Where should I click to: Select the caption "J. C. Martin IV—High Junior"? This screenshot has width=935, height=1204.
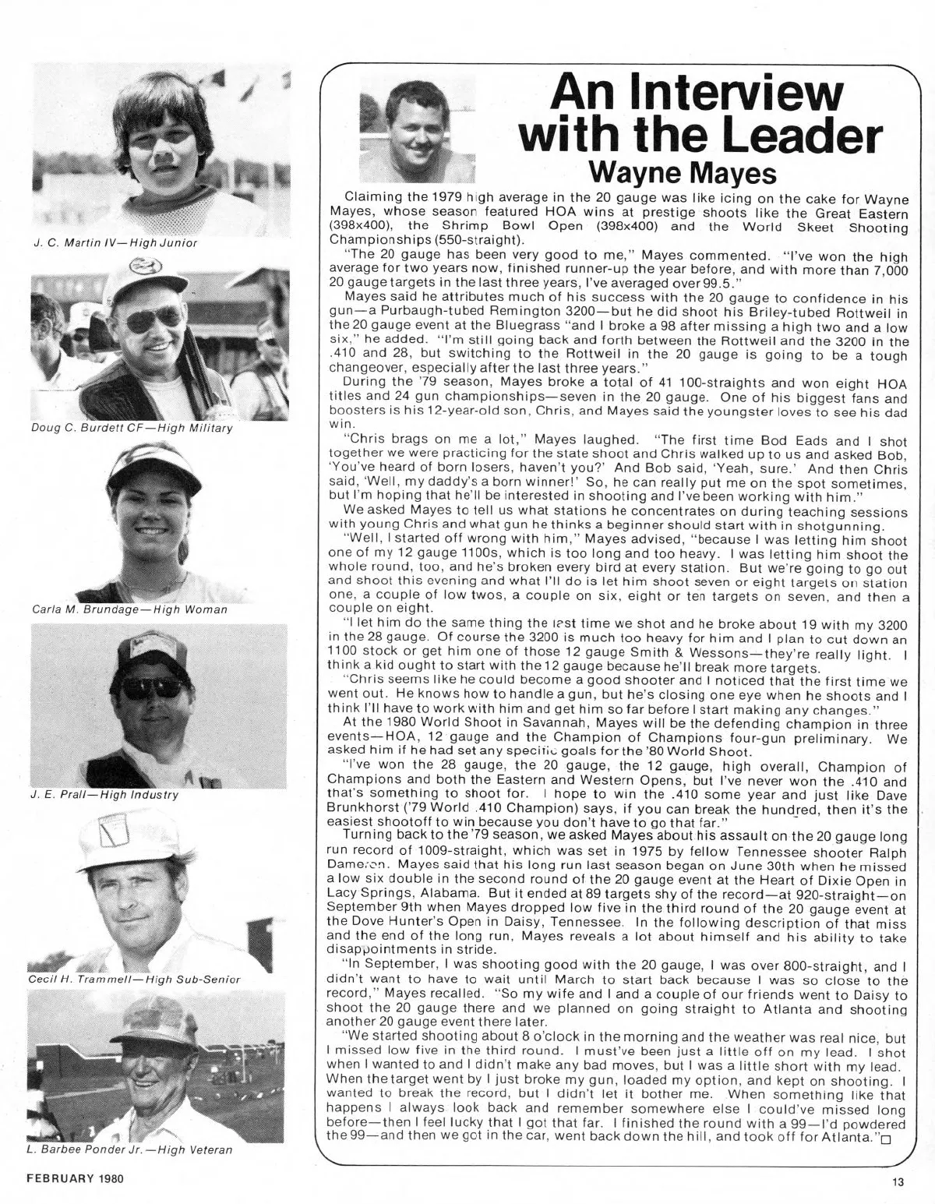(115, 242)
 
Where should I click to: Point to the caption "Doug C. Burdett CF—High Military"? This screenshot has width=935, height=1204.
(132, 428)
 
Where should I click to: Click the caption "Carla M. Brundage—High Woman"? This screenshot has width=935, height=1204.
(129, 610)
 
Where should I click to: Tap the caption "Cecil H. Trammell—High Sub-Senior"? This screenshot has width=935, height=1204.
(134, 979)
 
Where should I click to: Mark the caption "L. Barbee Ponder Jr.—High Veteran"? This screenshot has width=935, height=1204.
(131, 1149)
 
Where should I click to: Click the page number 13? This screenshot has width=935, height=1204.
(899, 1182)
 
